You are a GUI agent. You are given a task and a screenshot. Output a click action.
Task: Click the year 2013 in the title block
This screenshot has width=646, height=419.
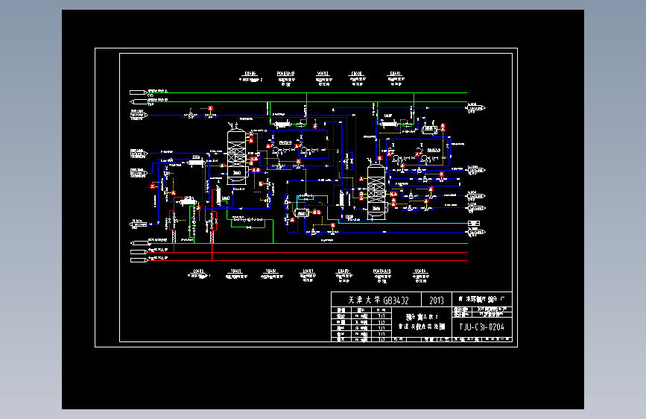coord(436,300)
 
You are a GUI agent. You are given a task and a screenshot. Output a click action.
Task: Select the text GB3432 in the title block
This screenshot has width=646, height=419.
coord(389,300)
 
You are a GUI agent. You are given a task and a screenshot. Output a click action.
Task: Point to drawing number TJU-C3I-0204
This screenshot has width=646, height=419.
coord(480,327)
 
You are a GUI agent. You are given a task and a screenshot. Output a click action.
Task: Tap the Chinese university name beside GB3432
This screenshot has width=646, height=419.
coord(355,300)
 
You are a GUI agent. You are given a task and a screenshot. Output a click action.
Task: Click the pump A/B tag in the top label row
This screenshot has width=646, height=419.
coord(286,77)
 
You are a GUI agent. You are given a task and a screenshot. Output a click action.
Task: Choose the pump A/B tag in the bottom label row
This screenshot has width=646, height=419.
coord(382,274)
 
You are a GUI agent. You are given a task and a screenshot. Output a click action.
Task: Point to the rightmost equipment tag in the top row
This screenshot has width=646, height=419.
coord(395,77)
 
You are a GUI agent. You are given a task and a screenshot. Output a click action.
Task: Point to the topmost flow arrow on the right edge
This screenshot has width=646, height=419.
coord(473,104)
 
